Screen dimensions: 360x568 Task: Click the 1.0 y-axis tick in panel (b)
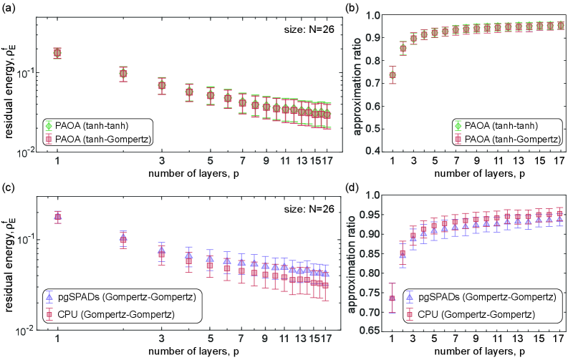click(390, 16)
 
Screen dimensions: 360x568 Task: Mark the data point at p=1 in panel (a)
click(57, 52)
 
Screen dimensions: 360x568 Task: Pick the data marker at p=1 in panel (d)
click(411, 298)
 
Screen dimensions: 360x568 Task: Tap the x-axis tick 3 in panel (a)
click(162, 160)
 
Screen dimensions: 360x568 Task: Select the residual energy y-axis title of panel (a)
click(10, 84)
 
